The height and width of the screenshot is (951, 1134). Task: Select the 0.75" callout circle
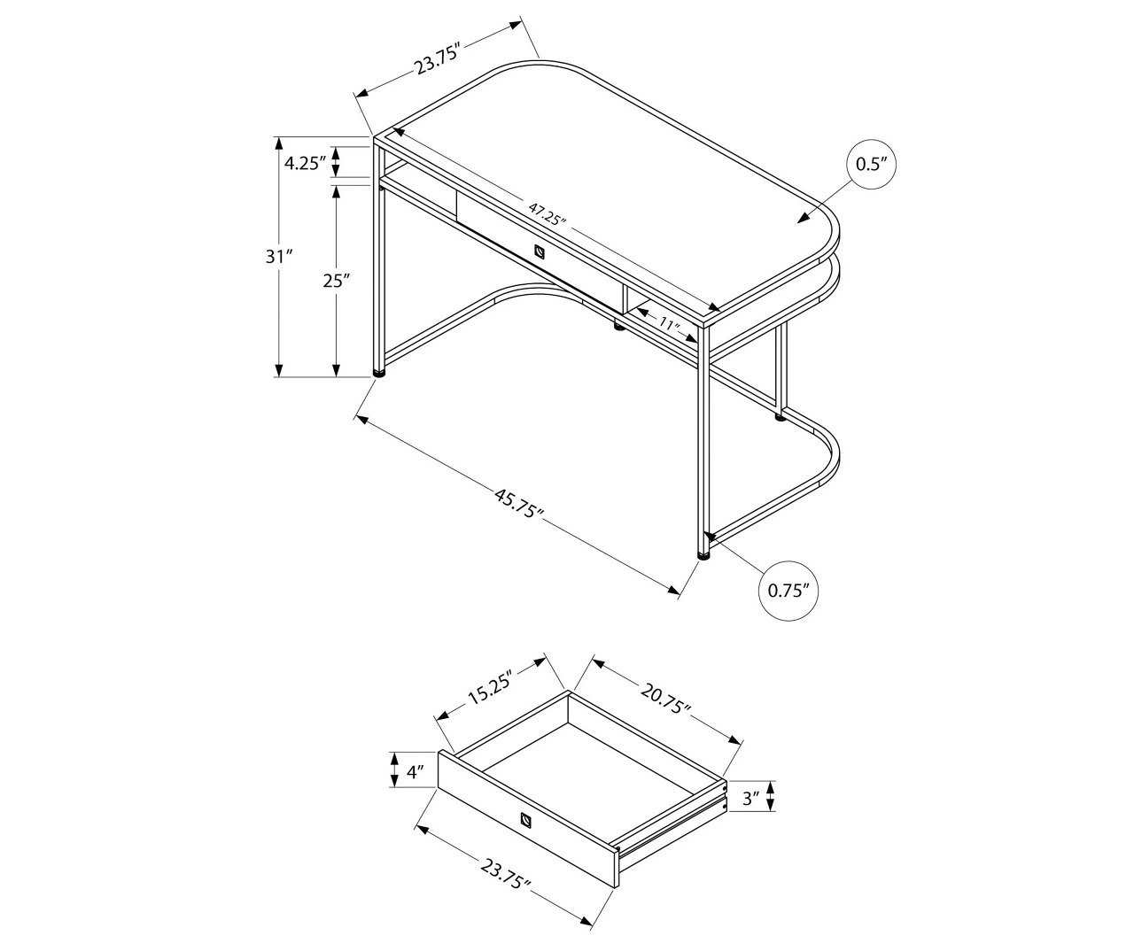[x=788, y=591]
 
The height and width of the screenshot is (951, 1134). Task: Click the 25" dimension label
[x=336, y=282]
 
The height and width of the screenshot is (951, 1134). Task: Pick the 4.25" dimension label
[x=306, y=163]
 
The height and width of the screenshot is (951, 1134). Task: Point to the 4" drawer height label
[x=412, y=771]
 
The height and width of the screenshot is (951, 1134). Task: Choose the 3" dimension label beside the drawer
[x=752, y=798]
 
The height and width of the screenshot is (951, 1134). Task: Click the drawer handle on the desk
[x=540, y=251]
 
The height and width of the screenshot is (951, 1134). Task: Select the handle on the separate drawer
[x=528, y=819]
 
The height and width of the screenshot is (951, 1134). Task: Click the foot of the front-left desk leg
[x=380, y=373]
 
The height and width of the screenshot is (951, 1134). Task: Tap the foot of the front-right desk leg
[x=704, y=555]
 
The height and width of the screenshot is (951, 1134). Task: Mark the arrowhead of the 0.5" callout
[x=803, y=219]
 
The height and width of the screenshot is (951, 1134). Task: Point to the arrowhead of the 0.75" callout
[x=710, y=537]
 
